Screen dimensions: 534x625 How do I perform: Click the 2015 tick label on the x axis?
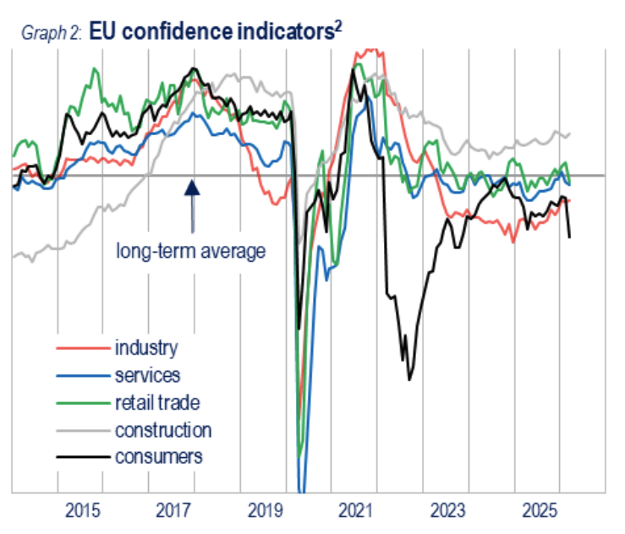pos(81,511)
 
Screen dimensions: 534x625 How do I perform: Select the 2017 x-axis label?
pos(173,511)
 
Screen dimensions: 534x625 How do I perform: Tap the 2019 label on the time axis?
pos(265,511)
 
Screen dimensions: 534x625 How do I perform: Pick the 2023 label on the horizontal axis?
pos(448,511)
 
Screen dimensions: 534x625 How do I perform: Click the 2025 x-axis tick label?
pos(540,511)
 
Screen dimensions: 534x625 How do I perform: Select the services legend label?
pos(147,374)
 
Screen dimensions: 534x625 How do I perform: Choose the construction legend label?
pos(163,429)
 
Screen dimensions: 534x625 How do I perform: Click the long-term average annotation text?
pos(191,251)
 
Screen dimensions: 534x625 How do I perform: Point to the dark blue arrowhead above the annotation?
pos(192,187)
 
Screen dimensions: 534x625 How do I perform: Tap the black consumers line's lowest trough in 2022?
pos(410,379)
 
